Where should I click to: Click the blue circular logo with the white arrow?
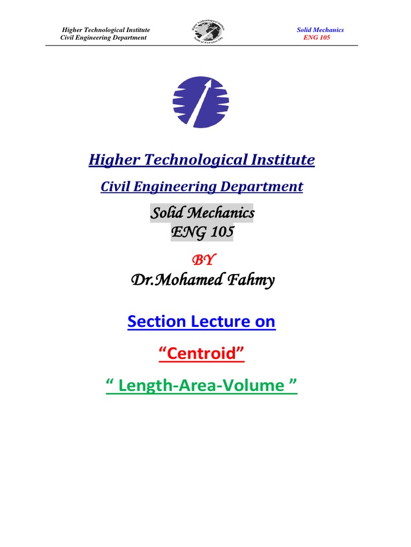tap(201, 102)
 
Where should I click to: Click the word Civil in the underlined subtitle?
tap(116, 187)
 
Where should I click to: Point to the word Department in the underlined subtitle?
tap(266, 187)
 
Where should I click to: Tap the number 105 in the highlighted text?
tap(220, 232)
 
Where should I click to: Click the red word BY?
tap(202, 260)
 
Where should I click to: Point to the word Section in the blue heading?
tap(155, 322)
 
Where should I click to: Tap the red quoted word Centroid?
tap(202, 353)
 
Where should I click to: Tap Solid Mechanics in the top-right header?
tap(320, 30)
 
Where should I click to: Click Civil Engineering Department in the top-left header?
tap(103, 38)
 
